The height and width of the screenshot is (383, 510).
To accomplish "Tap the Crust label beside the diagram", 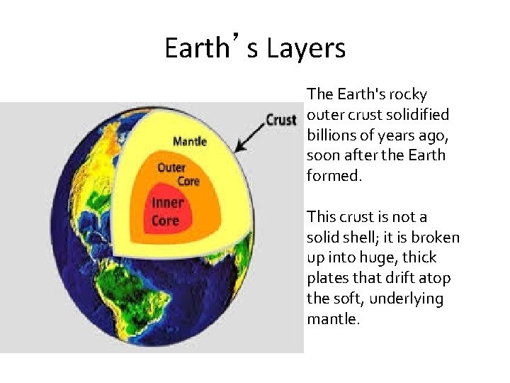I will pos(280,120).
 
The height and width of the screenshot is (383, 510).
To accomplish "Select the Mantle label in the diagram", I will pos(189,140).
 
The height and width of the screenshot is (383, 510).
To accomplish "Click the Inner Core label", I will pos(167,211).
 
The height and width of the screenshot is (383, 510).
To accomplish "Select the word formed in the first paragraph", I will pos(333,175).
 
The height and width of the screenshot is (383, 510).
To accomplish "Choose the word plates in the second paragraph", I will pos(328,278).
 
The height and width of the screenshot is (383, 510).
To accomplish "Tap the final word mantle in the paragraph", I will pos(333,319).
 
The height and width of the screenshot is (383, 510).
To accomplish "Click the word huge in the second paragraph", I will pos(373,257).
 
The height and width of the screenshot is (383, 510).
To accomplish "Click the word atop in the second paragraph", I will pos(434,278).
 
